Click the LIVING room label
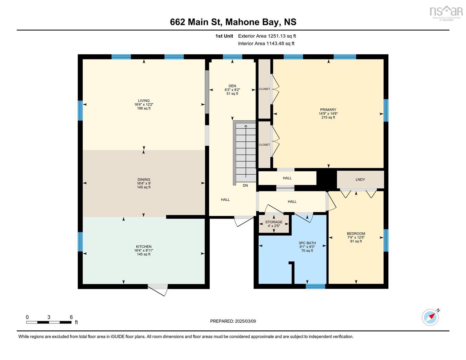tap(144, 101)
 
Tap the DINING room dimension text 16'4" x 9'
tap(144, 183)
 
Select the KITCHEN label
tap(144, 247)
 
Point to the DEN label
tap(232, 86)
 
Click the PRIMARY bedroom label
tap(328, 110)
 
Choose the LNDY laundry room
tap(360, 179)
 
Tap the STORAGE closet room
tap(274, 222)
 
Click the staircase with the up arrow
tap(245, 151)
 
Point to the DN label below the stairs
tap(245, 186)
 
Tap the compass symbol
tap(430, 317)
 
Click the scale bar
tap(49, 322)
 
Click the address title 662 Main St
tap(233, 22)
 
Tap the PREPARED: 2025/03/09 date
tap(233, 321)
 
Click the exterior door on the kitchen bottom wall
tap(158, 288)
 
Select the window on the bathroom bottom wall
tap(315, 287)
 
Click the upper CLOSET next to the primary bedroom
tap(264, 89)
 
